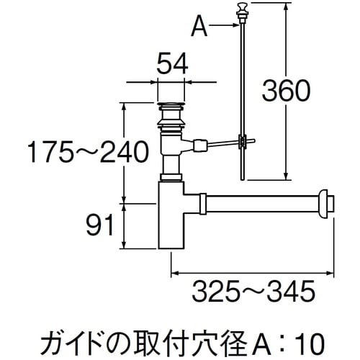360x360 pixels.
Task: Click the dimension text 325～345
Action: click(x=253, y=292)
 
